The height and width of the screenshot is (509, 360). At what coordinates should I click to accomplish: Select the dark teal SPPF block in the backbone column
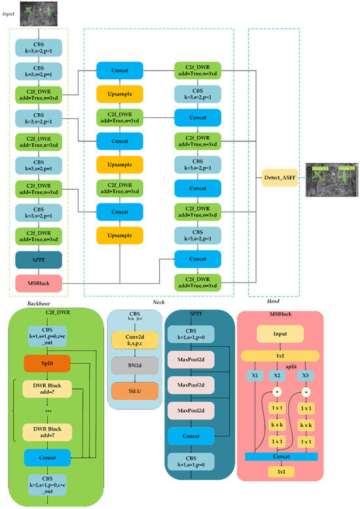coord(39,260)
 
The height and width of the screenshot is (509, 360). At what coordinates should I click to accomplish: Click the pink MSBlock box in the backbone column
coord(39,283)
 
